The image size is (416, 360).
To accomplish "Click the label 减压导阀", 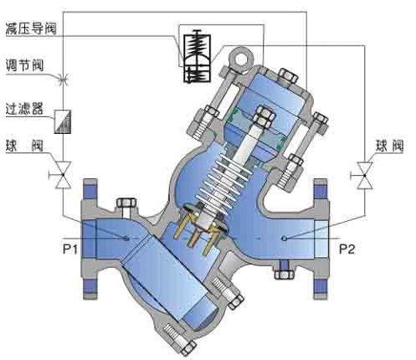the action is (x=31, y=29).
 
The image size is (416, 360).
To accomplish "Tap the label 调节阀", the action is (x=25, y=65).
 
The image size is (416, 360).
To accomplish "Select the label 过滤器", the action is (x=25, y=109).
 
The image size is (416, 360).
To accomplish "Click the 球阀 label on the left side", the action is (x=25, y=146).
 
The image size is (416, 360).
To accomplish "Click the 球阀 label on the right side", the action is (x=389, y=146).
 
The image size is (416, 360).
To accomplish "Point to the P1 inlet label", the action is (x=70, y=249).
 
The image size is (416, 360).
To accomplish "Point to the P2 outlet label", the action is (x=347, y=249).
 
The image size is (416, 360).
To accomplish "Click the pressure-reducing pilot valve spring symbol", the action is (x=197, y=56).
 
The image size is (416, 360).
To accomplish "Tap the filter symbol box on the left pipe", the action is (x=63, y=121).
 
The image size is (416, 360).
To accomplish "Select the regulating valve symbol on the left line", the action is (x=63, y=80).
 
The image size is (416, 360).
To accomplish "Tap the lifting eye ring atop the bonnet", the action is (x=241, y=59).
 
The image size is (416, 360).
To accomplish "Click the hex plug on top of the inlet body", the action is (x=126, y=203).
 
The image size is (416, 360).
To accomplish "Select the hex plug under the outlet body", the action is (x=284, y=274).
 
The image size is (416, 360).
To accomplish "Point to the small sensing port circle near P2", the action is (x=284, y=239).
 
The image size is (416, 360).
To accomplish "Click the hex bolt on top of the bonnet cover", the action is (x=288, y=75).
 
